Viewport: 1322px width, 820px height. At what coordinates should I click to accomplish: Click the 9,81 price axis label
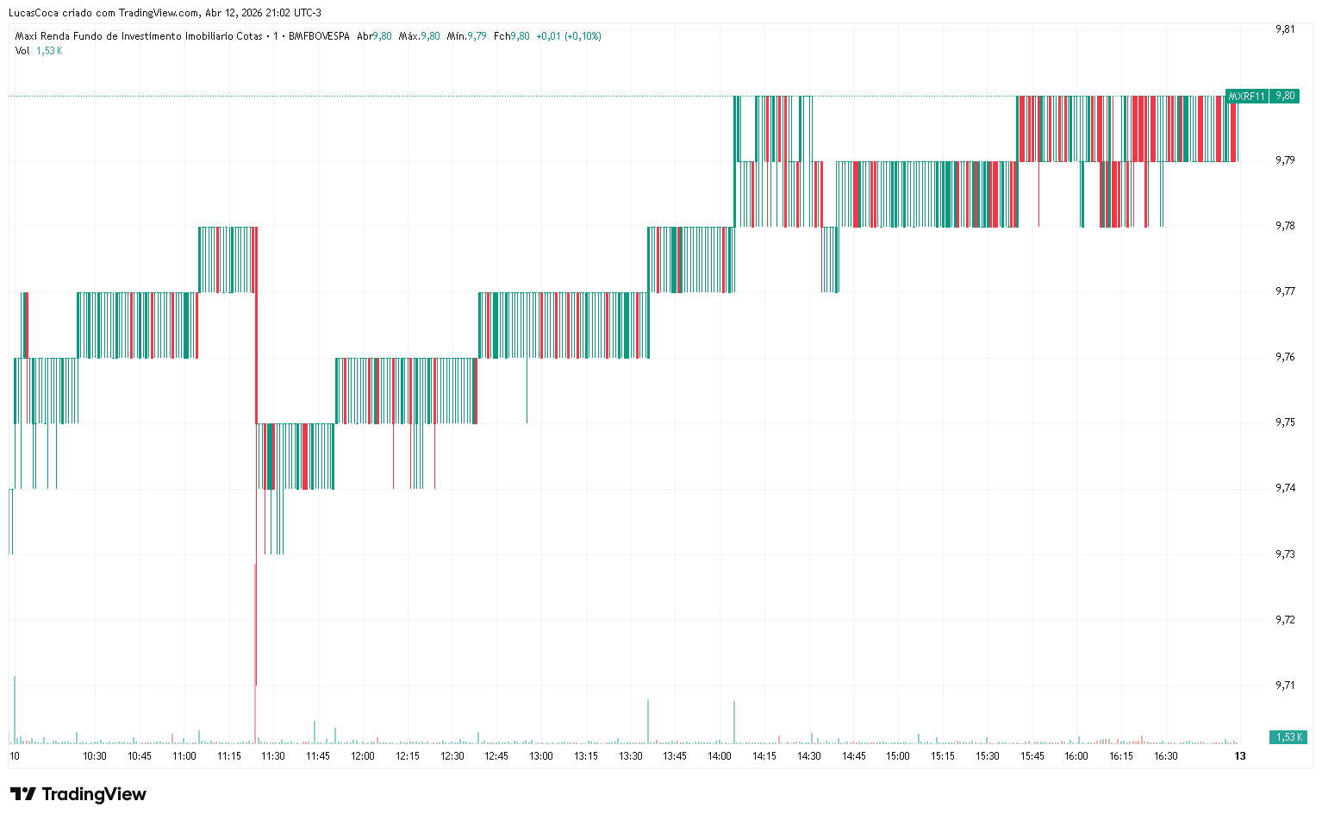pos(1285,29)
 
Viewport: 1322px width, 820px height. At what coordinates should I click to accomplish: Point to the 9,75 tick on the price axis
pos(1285,423)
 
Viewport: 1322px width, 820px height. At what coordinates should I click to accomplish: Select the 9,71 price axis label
pos(1285,685)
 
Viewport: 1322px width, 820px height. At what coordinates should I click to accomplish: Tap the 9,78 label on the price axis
pos(1285,226)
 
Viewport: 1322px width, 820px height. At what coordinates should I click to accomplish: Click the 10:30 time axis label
pos(95,756)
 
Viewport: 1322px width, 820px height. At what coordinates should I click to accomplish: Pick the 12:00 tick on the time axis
pos(363,756)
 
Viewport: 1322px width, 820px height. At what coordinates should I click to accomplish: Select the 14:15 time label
pos(764,756)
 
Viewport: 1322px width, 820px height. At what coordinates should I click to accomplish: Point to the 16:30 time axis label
pos(1166,756)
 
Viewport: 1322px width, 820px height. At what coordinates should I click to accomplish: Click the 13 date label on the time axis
pos(1240,756)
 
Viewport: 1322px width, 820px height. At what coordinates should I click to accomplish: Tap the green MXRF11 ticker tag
pos(1246,96)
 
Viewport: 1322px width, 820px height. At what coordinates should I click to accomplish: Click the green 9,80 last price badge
pos(1285,96)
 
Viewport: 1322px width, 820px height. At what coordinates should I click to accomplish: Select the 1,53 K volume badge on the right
pos(1288,737)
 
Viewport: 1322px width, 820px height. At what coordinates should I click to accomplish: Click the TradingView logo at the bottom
pos(78,794)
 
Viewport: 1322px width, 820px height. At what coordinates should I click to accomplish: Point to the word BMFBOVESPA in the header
pos(319,36)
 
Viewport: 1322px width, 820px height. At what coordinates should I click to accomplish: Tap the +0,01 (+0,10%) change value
pos(569,36)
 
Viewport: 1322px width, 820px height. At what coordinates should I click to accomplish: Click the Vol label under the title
pos(22,51)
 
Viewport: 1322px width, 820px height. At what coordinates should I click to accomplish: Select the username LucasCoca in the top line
pos(34,13)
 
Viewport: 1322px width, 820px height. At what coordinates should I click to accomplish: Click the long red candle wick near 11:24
pos(255,621)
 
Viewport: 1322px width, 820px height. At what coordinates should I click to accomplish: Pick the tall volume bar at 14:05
pos(734,722)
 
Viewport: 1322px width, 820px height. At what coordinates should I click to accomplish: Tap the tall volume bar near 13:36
pos(648,721)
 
